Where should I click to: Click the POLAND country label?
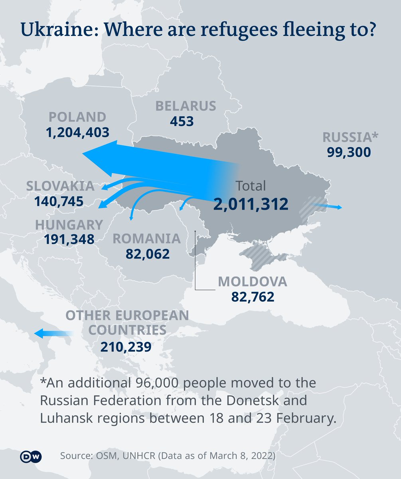click(77, 117)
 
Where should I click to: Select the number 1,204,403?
click(77, 133)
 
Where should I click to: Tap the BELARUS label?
click(186, 106)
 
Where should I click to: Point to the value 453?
click(182, 121)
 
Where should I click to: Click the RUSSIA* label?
click(350, 137)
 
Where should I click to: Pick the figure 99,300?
click(349, 152)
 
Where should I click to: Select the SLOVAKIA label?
click(60, 186)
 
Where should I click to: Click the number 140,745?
click(59, 201)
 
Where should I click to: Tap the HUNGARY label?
click(69, 225)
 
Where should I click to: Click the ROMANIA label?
click(146, 239)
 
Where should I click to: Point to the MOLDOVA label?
click(252, 282)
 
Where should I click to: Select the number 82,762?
click(253, 297)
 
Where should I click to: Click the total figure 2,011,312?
click(251, 204)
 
